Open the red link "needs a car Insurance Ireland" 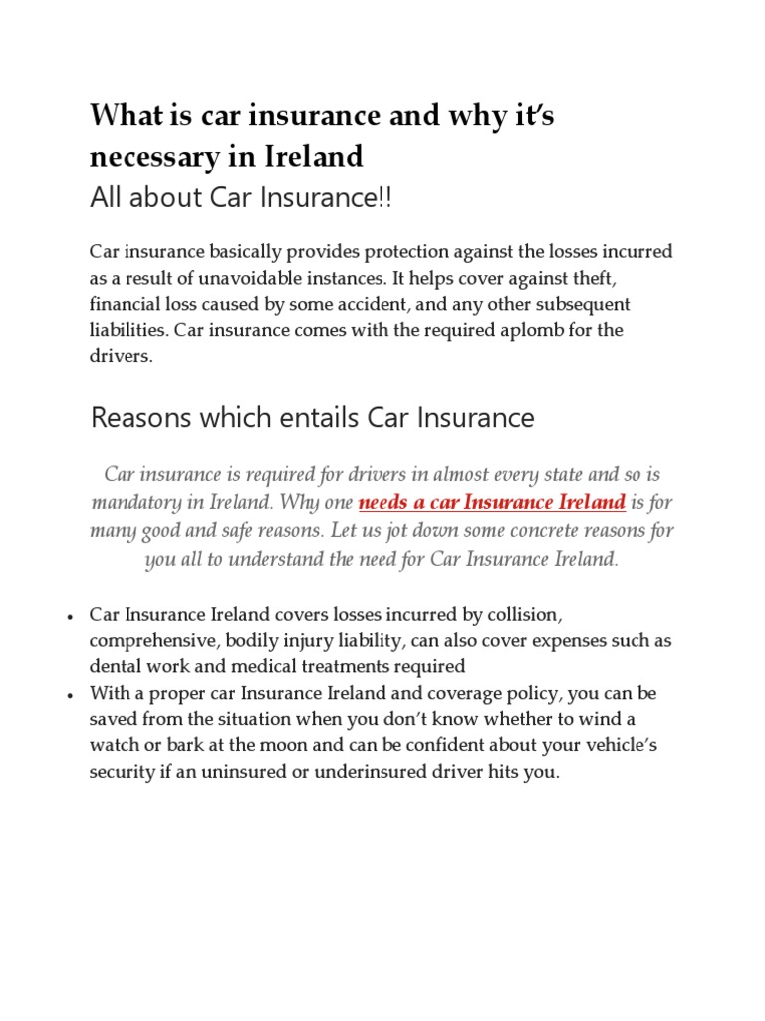coord(491,501)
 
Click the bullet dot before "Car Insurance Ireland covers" coord(71,615)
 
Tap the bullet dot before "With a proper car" coord(71,694)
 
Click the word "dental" coord(115,666)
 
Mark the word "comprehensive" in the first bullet coord(145,640)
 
